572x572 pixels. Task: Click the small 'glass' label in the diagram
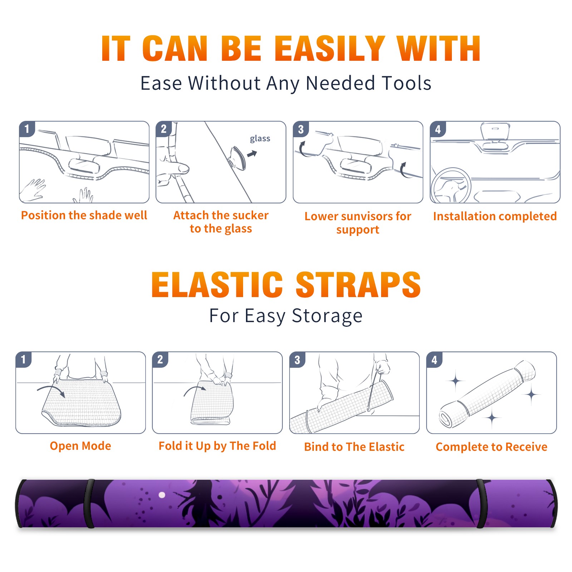tap(260, 139)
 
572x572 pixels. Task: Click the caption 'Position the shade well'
tap(84, 215)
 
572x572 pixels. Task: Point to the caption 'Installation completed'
tap(495, 216)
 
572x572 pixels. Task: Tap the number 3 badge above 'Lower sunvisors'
tap(301, 129)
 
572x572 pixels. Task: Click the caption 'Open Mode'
tap(80, 446)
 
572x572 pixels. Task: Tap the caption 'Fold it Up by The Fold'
tap(217, 446)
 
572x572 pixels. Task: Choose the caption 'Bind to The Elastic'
tap(354, 447)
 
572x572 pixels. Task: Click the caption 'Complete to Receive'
tap(492, 447)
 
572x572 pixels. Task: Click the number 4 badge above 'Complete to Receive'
tap(434, 360)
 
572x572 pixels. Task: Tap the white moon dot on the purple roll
tap(162, 495)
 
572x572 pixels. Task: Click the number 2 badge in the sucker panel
tap(164, 129)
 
